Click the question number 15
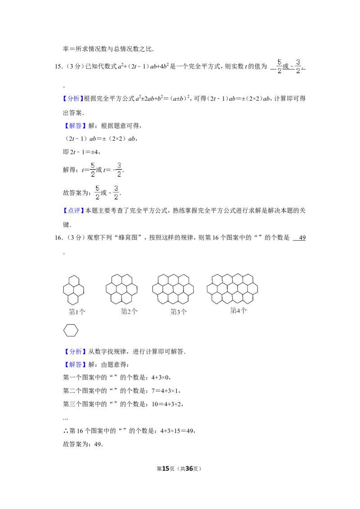[x=58, y=67]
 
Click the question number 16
[x=58, y=237]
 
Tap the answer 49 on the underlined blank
[x=302, y=237]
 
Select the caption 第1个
[x=77, y=312]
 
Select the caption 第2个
[x=129, y=312]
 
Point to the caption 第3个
[x=179, y=312]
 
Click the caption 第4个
[x=238, y=311]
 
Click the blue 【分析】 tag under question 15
[x=73, y=98]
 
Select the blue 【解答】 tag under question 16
[x=75, y=365]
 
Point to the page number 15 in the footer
[x=166, y=469]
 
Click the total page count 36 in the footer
[x=189, y=469]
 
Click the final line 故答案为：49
[x=83, y=444]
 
